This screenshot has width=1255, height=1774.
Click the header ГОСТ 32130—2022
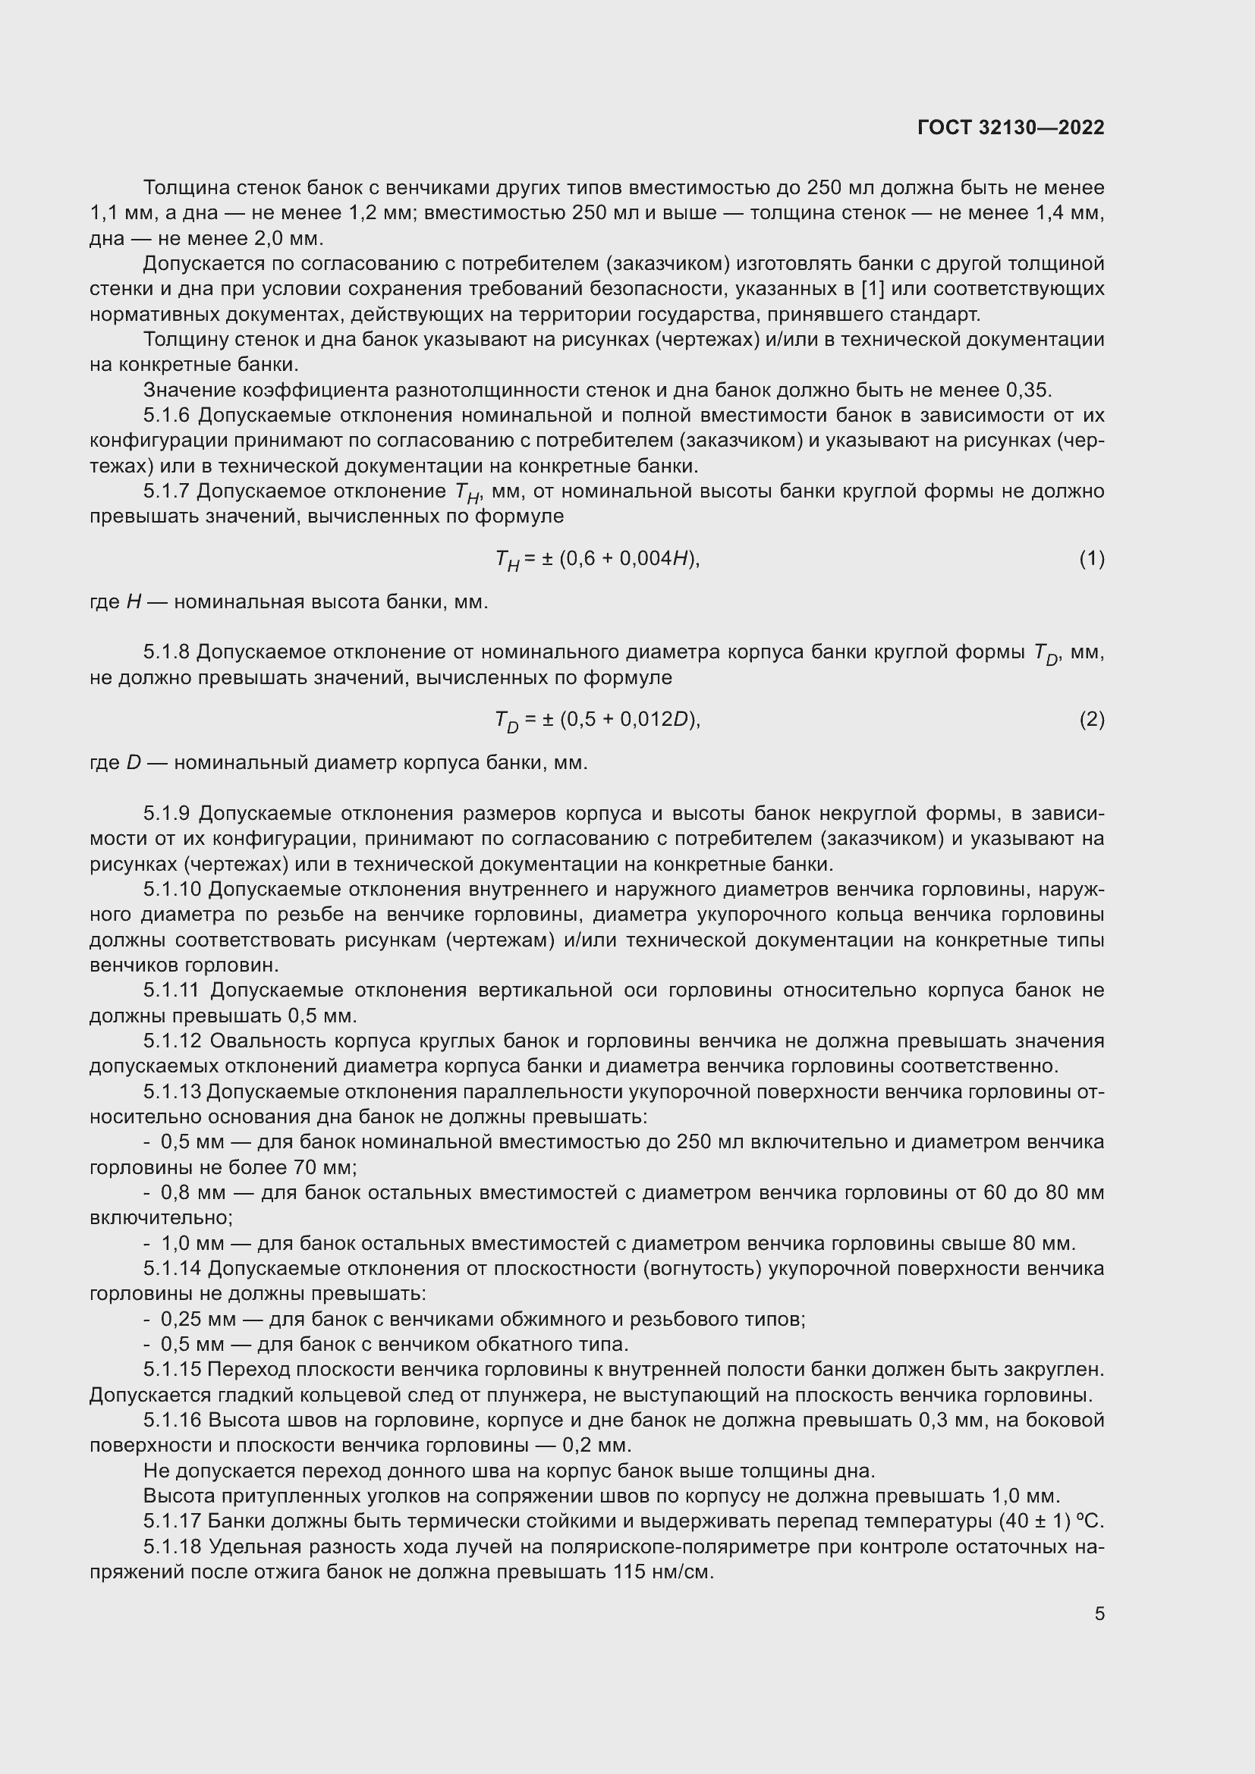(x=1010, y=127)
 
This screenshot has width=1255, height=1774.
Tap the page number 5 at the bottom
(x=1099, y=1614)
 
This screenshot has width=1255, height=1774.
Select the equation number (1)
(x=1091, y=559)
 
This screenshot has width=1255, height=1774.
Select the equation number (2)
(x=1091, y=719)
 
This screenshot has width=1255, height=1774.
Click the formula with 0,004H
(x=596, y=560)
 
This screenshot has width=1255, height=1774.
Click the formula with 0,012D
(x=596, y=720)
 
